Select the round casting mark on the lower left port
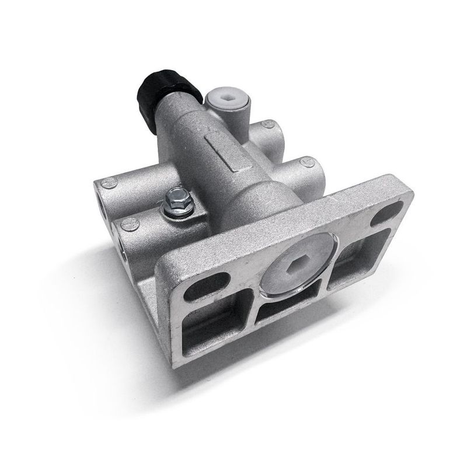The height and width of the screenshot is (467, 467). (130, 224)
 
